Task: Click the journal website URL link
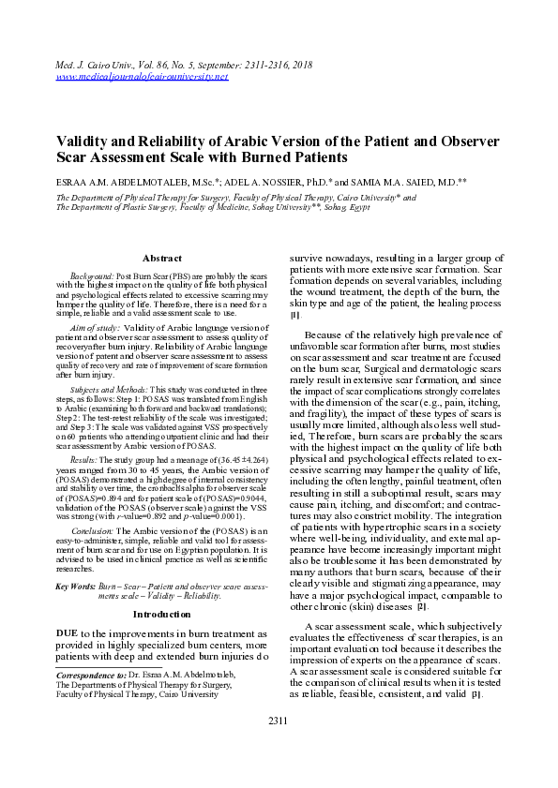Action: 143,76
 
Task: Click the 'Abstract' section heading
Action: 161,258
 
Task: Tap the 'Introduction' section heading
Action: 161,587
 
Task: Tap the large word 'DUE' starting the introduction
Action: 70,608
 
